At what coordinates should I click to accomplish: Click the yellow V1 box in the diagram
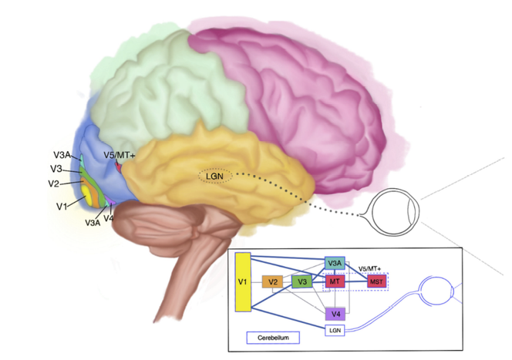tap(242, 282)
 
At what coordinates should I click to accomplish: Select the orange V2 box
tap(271, 282)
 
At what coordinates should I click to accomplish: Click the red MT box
tap(334, 282)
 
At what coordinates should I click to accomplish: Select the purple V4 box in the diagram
tap(334, 314)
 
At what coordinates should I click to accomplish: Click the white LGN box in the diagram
tap(334, 330)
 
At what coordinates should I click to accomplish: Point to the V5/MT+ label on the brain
tap(122, 153)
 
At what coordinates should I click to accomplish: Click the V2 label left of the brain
tap(53, 183)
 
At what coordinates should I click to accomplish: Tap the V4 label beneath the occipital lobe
tap(109, 218)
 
